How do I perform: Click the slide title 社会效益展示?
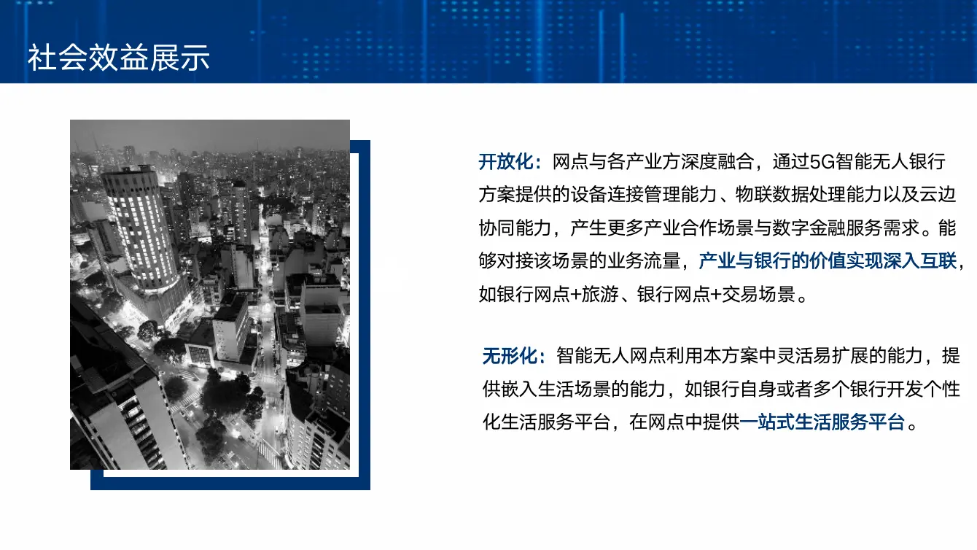tap(118, 58)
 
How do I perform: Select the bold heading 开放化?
tap(507, 161)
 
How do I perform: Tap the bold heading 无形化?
tap(510, 356)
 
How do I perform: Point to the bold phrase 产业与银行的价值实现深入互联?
tap(828, 260)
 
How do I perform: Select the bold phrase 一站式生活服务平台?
tap(822, 422)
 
